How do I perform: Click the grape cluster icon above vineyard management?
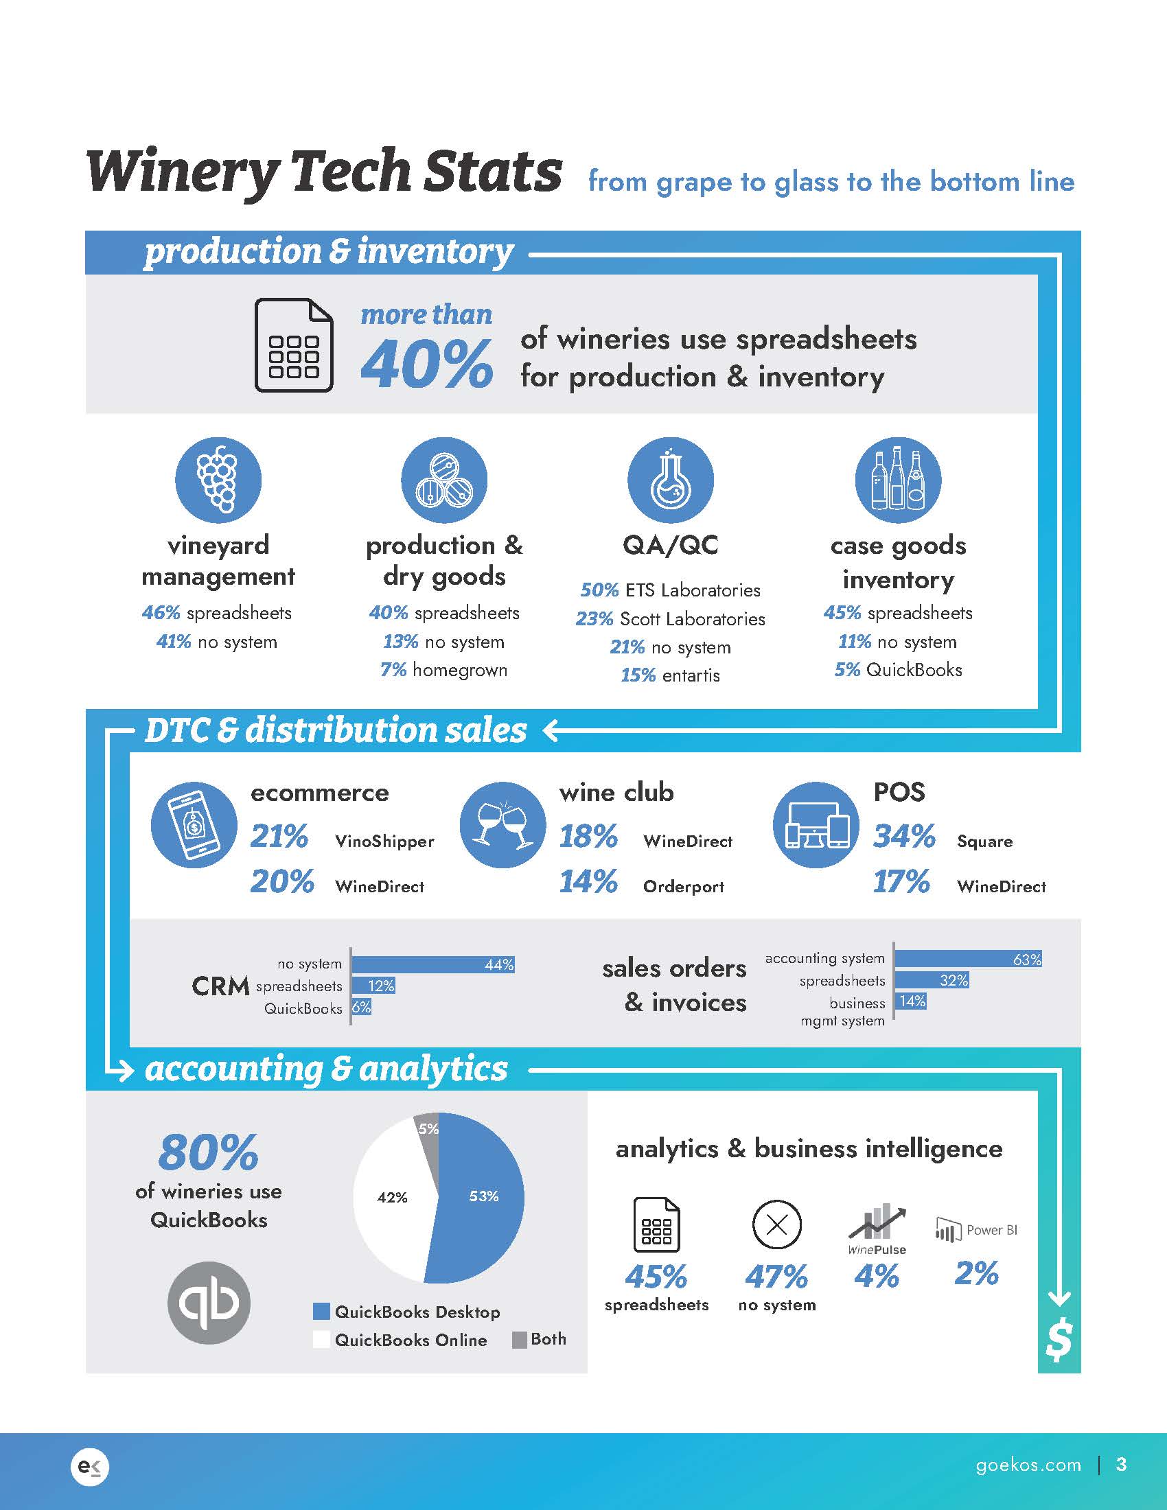pyautogui.click(x=218, y=480)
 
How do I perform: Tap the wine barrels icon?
pyautogui.click(x=444, y=480)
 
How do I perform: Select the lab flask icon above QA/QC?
pyautogui.click(x=670, y=480)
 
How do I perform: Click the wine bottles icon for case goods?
pyautogui.click(x=897, y=480)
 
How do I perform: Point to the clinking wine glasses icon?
pyautogui.click(x=502, y=825)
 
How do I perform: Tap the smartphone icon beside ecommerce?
pyautogui.click(x=194, y=825)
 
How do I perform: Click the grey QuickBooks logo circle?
pyautogui.click(x=209, y=1303)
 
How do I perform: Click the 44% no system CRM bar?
pyautogui.click(x=432, y=964)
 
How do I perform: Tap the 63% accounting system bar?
pyautogui.click(x=968, y=959)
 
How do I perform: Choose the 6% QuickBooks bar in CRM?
pyautogui.click(x=361, y=1008)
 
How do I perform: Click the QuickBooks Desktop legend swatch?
pyautogui.click(x=321, y=1312)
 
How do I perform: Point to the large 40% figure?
pyautogui.click(x=426, y=364)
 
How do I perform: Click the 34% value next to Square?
pyautogui.click(x=903, y=837)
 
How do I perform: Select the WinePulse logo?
pyautogui.click(x=877, y=1231)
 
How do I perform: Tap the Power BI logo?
pyautogui.click(x=975, y=1231)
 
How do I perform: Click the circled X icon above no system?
pyautogui.click(x=776, y=1225)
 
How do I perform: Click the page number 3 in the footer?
pyautogui.click(x=1122, y=1464)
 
